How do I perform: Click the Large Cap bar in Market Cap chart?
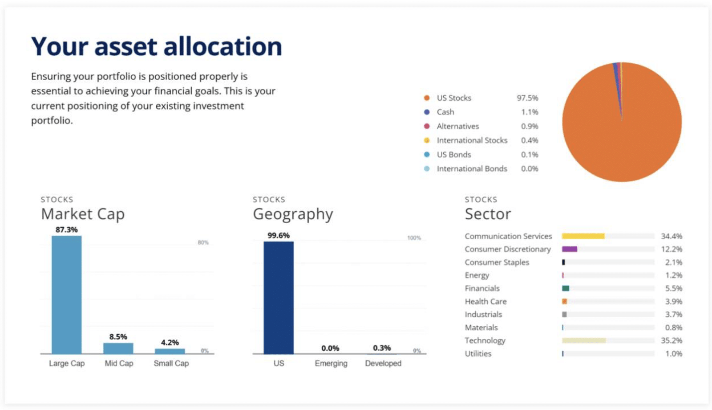(x=66, y=294)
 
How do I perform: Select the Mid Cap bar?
(x=118, y=348)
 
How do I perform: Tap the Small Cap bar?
(x=170, y=351)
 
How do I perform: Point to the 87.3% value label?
(x=66, y=230)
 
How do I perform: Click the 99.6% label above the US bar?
(x=279, y=235)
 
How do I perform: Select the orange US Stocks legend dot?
(x=427, y=98)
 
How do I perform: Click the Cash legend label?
(x=445, y=112)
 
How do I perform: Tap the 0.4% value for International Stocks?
(x=530, y=140)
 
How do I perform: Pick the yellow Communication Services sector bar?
(x=583, y=236)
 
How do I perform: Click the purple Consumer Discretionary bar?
(x=569, y=249)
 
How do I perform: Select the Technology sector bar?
(x=584, y=340)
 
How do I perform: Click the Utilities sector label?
(x=478, y=353)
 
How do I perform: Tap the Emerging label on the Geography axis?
(x=331, y=363)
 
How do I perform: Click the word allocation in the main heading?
(x=222, y=46)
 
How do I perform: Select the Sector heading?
(x=488, y=214)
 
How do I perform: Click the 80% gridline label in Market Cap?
(x=203, y=242)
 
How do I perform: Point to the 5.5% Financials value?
(x=673, y=288)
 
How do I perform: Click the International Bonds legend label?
(x=472, y=168)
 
